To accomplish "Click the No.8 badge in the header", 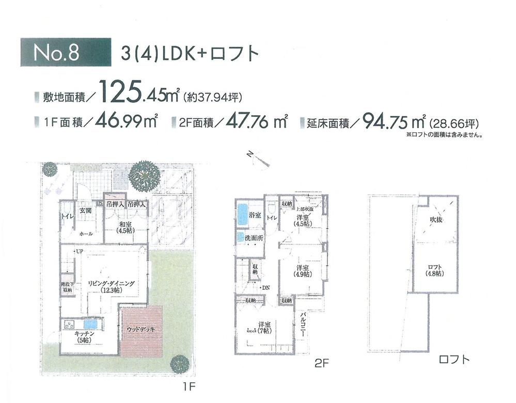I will pos(65,53).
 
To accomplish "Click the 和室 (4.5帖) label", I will pos(126,227).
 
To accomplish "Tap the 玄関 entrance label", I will pos(86,211).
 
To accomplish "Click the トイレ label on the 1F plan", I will pos(67,216).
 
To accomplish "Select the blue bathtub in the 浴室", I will pos(243,214).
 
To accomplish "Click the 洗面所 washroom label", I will pos(254,238).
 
